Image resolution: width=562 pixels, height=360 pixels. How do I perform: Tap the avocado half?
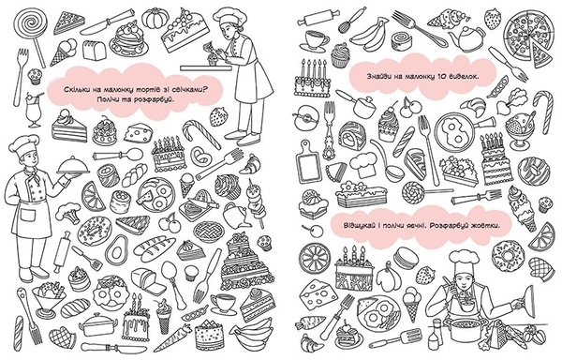click(x=118, y=247)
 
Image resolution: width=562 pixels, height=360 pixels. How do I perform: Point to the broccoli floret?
click(x=68, y=212)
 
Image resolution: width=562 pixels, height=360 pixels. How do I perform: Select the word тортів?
click(x=152, y=90)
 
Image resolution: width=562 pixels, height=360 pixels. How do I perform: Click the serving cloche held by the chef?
click(x=73, y=166)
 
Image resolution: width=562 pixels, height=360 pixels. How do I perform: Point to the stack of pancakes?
click(x=128, y=39)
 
